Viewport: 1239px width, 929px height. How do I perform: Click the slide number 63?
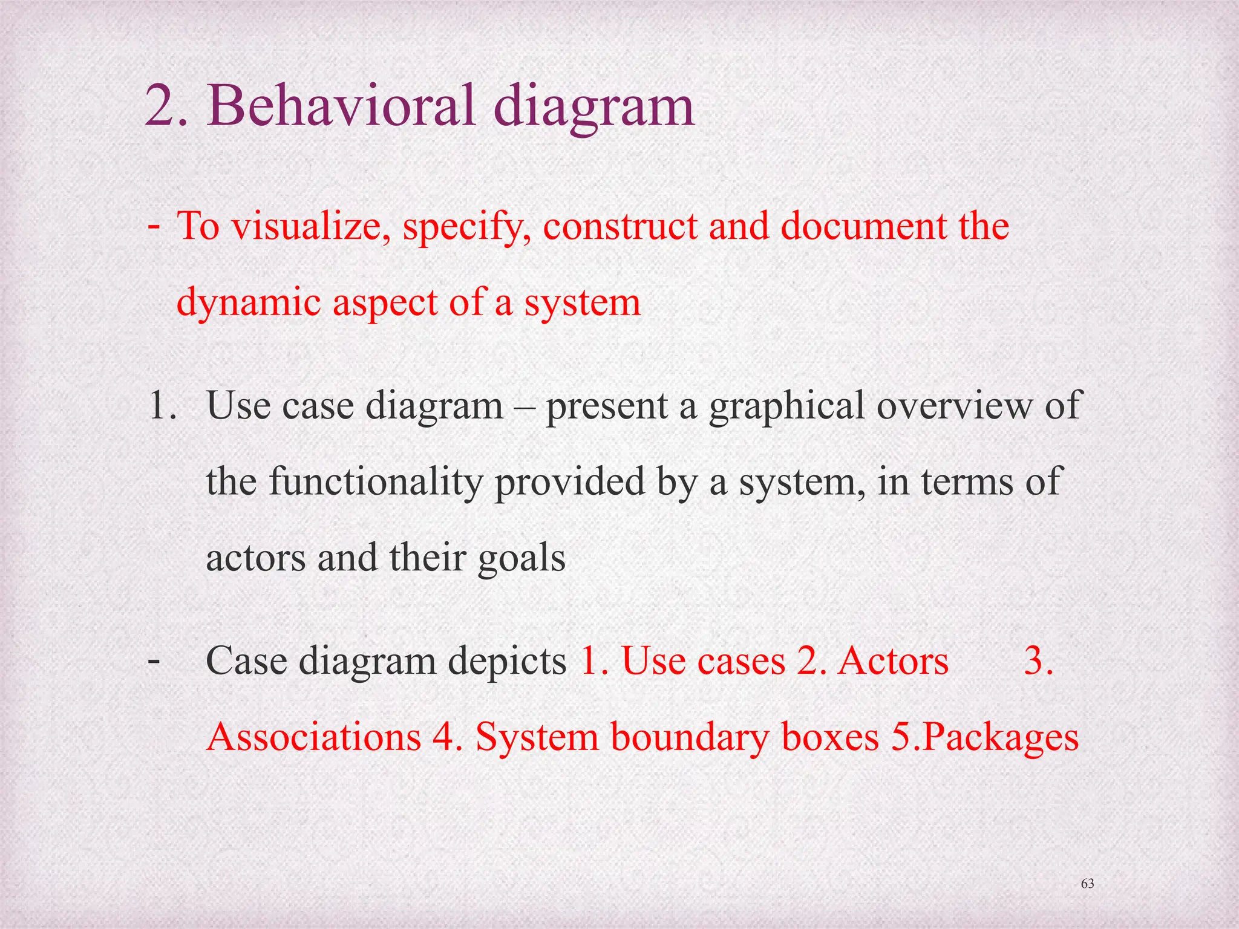point(1088,884)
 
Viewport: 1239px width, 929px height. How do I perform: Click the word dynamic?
point(249,302)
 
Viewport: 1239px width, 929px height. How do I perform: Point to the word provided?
point(570,482)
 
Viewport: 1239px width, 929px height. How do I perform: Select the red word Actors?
point(894,660)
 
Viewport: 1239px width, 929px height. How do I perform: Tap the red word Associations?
point(313,737)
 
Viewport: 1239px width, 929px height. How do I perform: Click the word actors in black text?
point(256,558)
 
